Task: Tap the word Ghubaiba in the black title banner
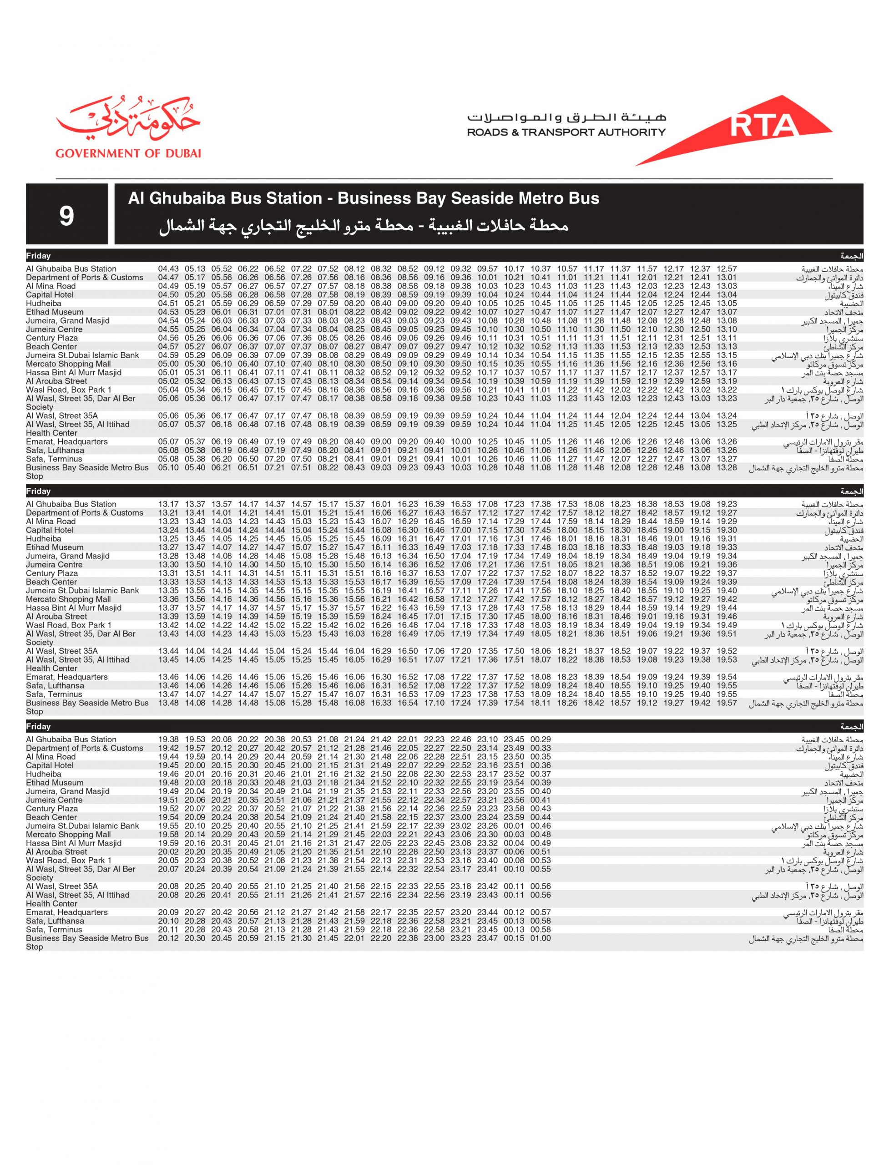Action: tap(181, 198)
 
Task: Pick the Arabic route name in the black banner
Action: tap(364, 226)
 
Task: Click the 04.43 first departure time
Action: tap(168, 269)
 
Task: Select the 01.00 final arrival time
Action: tap(540, 938)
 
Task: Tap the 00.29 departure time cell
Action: tap(540, 740)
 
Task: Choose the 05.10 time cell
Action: tap(168, 467)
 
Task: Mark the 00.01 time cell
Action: tap(514, 826)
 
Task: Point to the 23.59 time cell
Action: tap(514, 817)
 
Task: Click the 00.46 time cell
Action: tap(540, 826)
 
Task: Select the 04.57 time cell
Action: tap(168, 347)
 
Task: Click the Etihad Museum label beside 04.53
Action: tap(55, 312)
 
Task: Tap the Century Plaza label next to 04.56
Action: tap(52, 338)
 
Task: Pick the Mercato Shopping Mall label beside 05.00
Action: tap(68, 364)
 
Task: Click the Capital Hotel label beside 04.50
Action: tap(50, 295)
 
